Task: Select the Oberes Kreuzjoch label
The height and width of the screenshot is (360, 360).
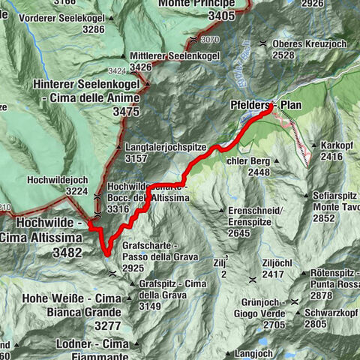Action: (310, 43)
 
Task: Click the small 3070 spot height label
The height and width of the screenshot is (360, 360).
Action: (209, 39)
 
